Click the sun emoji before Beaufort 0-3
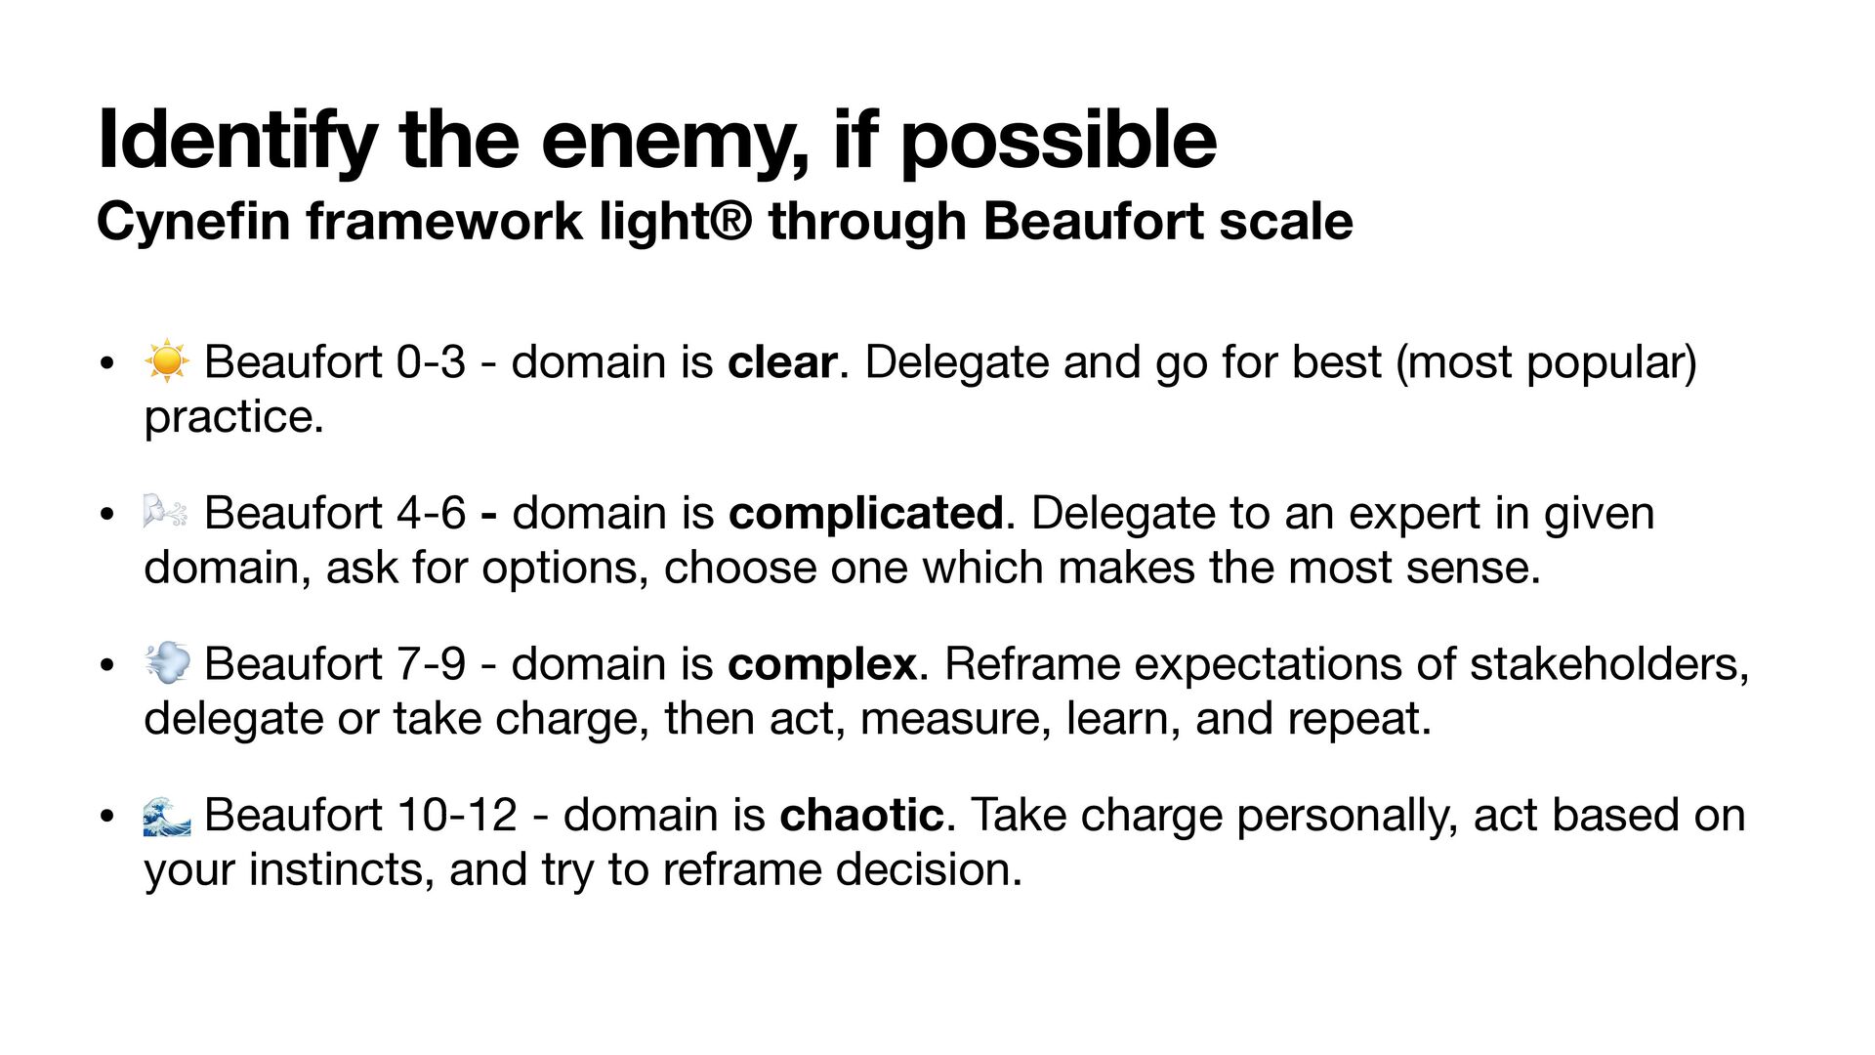(x=166, y=361)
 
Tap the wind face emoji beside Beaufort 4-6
(x=166, y=512)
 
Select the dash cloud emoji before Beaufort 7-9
(x=166, y=663)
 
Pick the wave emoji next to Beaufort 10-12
(x=166, y=815)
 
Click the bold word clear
(x=781, y=362)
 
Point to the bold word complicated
(x=865, y=514)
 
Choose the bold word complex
(x=821, y=665)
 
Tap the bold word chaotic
(x=861, y=815)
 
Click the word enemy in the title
(x=674, y=142)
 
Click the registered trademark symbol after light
(x=731, y=221)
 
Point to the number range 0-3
(x=431, y=362)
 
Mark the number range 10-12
(x=457, y=815)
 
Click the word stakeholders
(x=1608, y=664)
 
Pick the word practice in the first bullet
(x=232, y=418)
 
